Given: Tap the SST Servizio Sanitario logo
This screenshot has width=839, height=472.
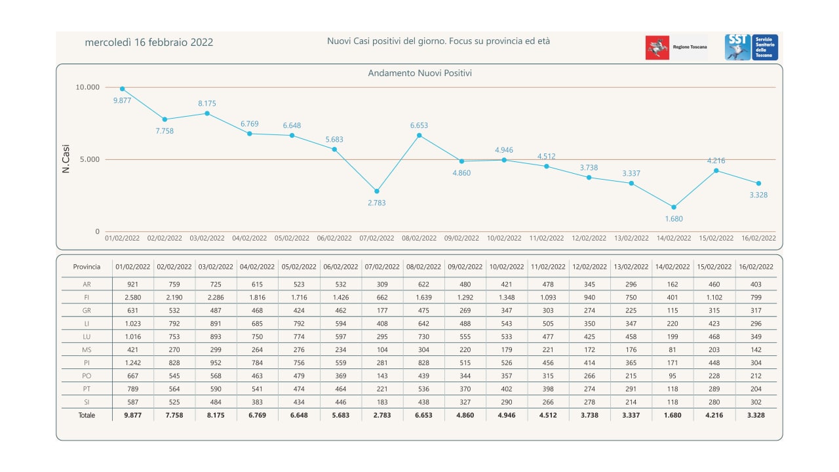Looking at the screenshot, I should [x=751, y=48].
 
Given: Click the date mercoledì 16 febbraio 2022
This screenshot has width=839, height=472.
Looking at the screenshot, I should [x=149, y=43].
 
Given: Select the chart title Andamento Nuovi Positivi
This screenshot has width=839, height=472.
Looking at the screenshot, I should [x=419, y=73].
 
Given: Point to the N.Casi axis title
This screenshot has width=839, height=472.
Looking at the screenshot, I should [x=66, y=159].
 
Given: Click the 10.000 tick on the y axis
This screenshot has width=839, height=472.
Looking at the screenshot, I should [x=88, y=87].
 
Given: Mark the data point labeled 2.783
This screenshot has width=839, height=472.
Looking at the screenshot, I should [x=377, y=191].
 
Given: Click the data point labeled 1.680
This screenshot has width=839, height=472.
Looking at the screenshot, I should [x=673, y=207].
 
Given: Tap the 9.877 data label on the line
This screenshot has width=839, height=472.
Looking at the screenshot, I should [x=123, y=100].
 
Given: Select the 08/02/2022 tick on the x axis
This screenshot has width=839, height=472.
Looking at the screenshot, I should [x=419, y=239].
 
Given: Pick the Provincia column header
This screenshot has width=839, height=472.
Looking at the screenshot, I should [x=87, y=267].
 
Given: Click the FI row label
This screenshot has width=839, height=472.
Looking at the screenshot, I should [x=87, y=297].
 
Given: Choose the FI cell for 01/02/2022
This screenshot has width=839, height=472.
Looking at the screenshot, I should [x=132, y=297].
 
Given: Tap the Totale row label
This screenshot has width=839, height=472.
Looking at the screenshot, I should [x=87, y=415].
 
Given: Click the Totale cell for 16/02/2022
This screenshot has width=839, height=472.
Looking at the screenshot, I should [x=755, y=415].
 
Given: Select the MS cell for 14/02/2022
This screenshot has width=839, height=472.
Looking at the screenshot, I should [x=673, y=349].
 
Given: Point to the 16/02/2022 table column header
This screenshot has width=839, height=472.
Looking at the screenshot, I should [x=755, y=267].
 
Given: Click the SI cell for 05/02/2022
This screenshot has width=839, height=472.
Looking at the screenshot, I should [x=298, y=402].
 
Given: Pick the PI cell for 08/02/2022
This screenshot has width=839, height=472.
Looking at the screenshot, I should [x=423, y=363].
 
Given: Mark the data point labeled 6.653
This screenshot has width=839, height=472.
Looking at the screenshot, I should [x=419, y=135].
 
